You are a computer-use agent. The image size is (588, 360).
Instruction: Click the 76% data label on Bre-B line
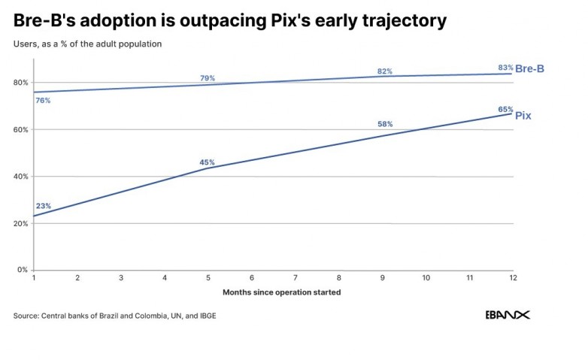[43, 101]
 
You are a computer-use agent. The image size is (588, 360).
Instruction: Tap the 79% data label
[208, 78]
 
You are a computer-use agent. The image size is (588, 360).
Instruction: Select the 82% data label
[385, 71]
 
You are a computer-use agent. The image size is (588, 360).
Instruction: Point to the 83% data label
[505, 68]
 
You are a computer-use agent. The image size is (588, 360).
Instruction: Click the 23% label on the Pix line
[44, 206]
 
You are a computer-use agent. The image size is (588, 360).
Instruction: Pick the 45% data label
[207, 162]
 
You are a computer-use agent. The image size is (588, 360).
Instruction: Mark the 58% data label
[385, 124]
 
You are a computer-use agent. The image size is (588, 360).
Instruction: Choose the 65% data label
[505, 110]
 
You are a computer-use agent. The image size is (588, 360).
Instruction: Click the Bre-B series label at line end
[529, 68]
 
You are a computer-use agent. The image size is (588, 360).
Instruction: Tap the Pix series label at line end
[523, 116]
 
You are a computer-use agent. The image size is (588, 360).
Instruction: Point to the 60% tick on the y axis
[20, 130]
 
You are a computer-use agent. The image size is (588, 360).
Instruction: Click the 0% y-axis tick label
[23, 270]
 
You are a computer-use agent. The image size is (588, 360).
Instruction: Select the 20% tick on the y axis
[20, 223]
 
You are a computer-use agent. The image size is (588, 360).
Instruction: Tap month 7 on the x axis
[295, 278]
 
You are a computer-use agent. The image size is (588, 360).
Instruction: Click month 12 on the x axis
[513, 278]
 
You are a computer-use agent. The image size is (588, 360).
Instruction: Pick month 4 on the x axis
[165, 278]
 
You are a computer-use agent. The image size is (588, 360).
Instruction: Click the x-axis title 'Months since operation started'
[282, 292]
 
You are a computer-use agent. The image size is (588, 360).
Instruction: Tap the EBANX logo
[508, 315]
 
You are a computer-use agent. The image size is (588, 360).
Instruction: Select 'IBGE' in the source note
[208, 316]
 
